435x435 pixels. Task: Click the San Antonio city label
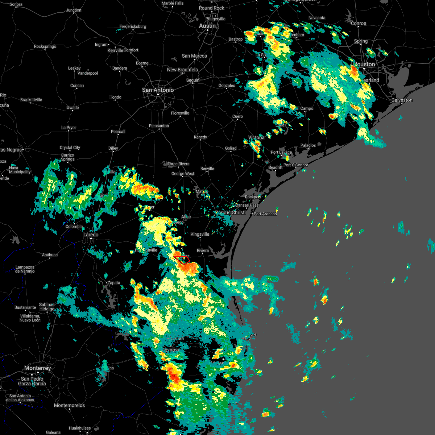158,90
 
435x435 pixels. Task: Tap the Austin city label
207,26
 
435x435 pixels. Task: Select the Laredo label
91,235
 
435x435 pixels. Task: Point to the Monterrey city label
38,368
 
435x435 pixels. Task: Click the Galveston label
402,100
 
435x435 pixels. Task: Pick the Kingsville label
200,234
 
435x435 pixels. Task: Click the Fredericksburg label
133,26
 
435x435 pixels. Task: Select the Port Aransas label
265,214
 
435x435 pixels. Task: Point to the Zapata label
113,283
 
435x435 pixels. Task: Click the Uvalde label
72,108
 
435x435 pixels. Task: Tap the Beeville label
207,169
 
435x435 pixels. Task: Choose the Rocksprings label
45,46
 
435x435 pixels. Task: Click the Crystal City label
70,148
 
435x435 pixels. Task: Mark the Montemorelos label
69,405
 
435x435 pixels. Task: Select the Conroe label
359,23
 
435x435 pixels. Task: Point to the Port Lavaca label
281,152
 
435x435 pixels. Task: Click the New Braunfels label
182,70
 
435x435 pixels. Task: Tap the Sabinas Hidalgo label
47,307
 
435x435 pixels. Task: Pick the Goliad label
231,148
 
